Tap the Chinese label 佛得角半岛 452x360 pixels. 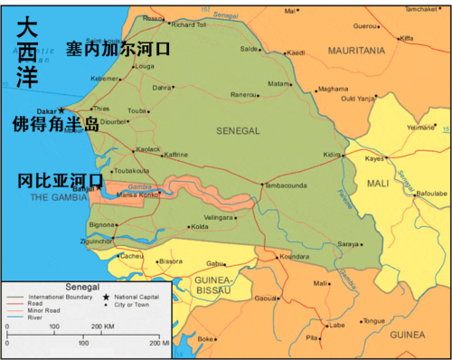tap(55, 123)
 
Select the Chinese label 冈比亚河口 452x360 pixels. tap(61, 181)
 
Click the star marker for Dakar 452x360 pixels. tap(61, 110)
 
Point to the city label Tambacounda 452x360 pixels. tap(287, 186)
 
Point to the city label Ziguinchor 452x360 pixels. tap(96, 242)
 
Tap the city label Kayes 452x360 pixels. tap(374, 158)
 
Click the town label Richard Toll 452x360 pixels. tap(189, 24)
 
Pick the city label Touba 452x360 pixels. tap(137, 110)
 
